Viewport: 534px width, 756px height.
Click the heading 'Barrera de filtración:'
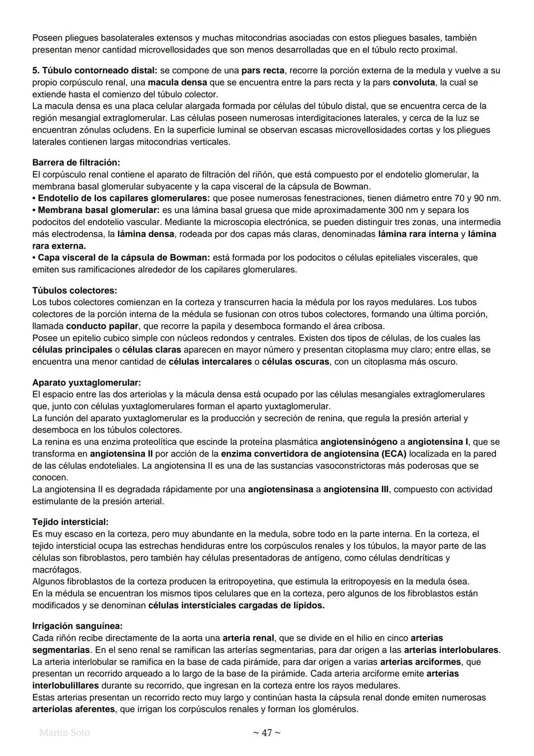(x=76, y=162)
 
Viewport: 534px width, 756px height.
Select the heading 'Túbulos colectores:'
(x=74, y=290)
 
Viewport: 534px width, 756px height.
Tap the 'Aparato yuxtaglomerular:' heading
(x=87, y=383)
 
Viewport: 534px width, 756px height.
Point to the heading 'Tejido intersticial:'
(x=70, y=522)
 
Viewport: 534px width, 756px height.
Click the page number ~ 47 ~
(x=267, y=733)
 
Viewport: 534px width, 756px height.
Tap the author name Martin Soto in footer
(x=64, y=732)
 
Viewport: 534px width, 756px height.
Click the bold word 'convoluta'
(x=414, y=82)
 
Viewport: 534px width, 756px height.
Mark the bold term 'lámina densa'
(x=146, y=234)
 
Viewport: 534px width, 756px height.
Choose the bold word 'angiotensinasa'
(x=280, y=489)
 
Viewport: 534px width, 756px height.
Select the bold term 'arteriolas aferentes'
(x=73, y=709)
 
